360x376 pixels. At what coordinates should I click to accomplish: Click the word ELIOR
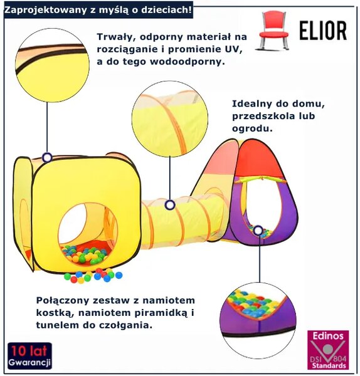[323, 31]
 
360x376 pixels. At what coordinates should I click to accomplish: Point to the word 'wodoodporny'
[187, 61]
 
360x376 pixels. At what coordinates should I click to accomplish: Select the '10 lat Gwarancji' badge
[29, 356]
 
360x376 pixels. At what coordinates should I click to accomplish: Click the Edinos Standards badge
[328, 350]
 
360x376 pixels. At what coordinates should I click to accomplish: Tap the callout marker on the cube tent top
[47, 157]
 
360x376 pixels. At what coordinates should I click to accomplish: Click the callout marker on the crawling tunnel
[170, 205]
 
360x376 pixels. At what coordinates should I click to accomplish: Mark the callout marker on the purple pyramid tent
[258, 231]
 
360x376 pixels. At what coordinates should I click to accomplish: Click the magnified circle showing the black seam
[52, 65]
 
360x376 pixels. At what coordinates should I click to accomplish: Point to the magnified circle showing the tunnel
[170, 118]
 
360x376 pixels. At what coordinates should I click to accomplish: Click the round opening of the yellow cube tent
[88, 233]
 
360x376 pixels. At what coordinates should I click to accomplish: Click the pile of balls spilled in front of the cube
[93, 276]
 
